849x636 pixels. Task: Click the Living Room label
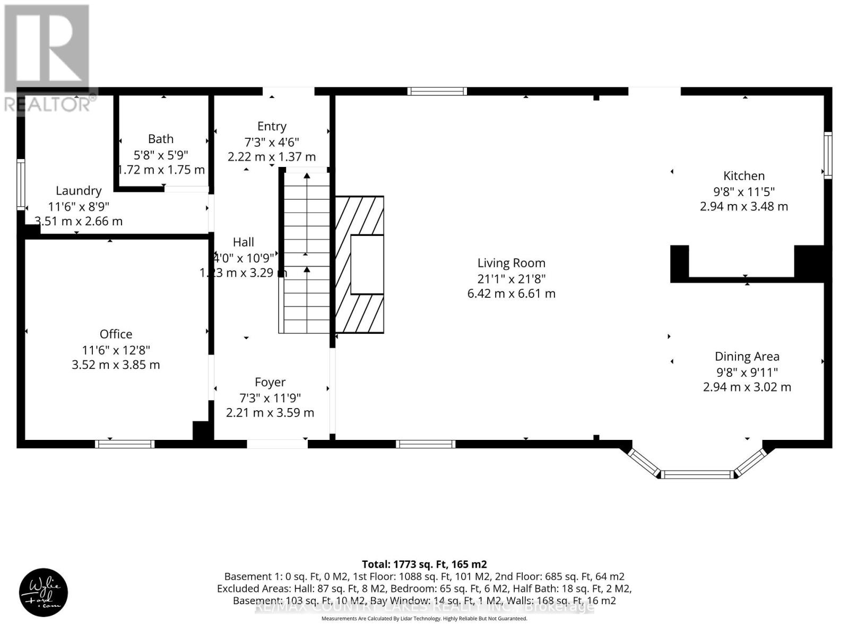(x=511, y=263)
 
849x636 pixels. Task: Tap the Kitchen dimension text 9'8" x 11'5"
(x=744, y=191)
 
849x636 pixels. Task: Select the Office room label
(x=116, y=334)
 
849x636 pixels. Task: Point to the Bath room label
(x=160, y=139)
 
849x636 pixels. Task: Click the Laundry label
(x=79, y=191)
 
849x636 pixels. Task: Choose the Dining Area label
(x=747, y=357)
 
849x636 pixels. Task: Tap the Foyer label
(x=270, y=382)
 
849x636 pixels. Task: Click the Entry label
(x=272, y=126)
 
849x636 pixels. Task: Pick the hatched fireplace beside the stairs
(x=360, y=264)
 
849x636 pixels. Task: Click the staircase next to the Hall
(x=306, y=252)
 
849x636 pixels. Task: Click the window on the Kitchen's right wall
(x=827, y=155)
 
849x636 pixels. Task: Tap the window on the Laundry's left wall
(x=21, y=184)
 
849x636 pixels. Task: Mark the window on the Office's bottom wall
(x=125, y=444)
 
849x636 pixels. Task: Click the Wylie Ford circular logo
(x=44, y=593)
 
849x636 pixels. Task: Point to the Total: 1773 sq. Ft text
(x=424, y=564)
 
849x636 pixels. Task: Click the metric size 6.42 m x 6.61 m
(x=511, y=294)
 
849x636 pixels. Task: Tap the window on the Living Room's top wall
(x=437, y=91)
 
